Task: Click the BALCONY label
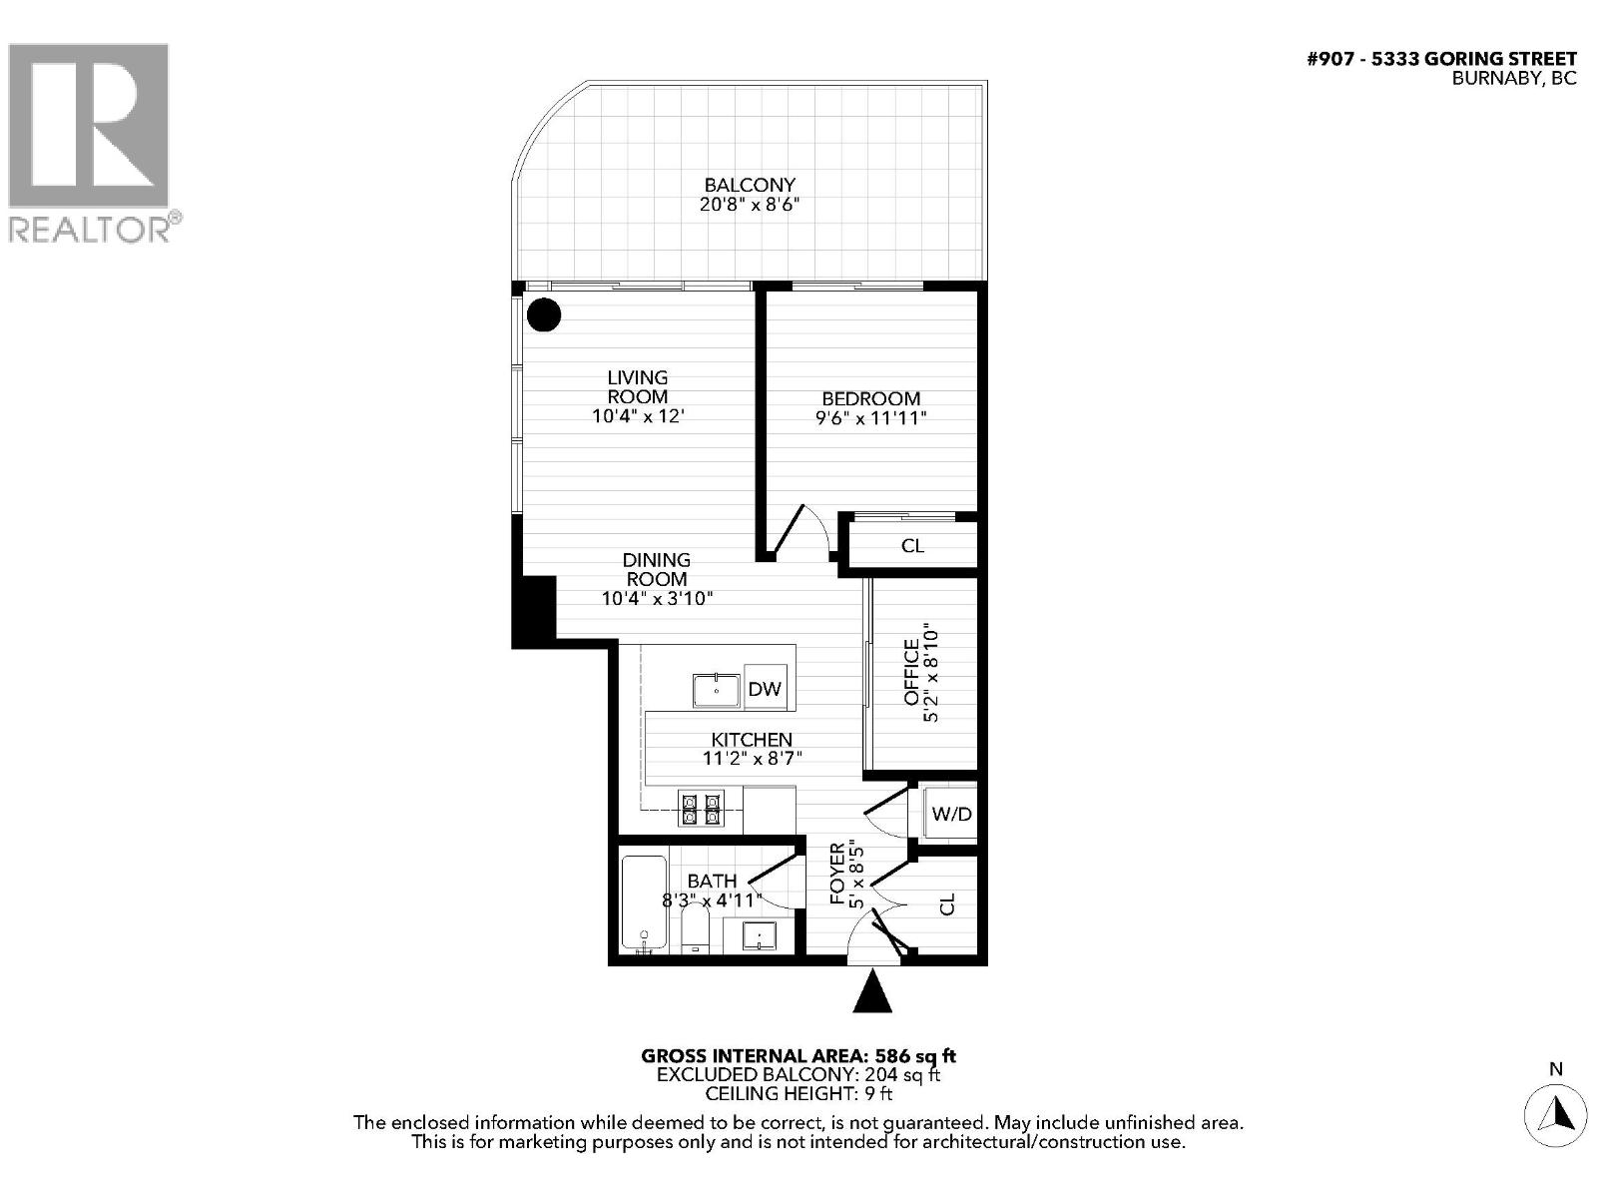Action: (750, 185)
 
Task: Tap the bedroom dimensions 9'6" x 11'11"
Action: (870, 418)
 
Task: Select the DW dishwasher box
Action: (765, 689)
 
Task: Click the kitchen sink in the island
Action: (716, 690)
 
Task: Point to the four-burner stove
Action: (701, 808)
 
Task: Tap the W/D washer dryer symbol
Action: (950, 814)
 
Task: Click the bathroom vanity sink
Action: (761, 936)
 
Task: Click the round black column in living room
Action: (544, 315)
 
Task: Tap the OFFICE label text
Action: (911, 673)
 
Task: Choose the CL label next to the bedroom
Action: (912, 546)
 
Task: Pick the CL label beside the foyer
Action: (947, 904)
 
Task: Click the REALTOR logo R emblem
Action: (88, 125)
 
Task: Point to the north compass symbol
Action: (1555, 1111)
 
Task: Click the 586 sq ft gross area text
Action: (915, 1055)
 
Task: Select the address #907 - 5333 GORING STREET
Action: (1441, 59)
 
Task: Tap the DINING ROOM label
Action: (657, 569)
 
